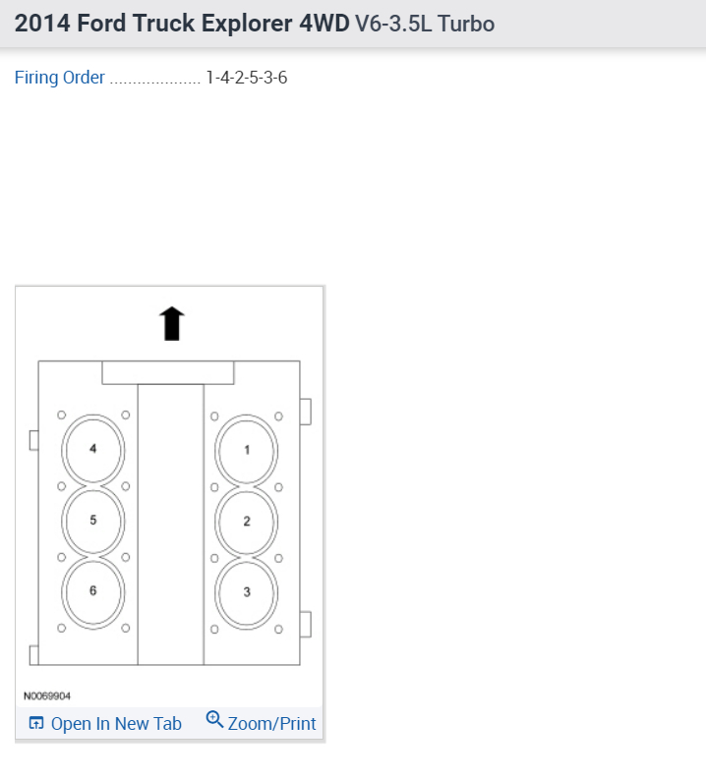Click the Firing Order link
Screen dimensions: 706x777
pos(60,78)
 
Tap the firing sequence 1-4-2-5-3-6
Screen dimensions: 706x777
pos(247,78)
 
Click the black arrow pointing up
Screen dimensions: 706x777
pos(172,323)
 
